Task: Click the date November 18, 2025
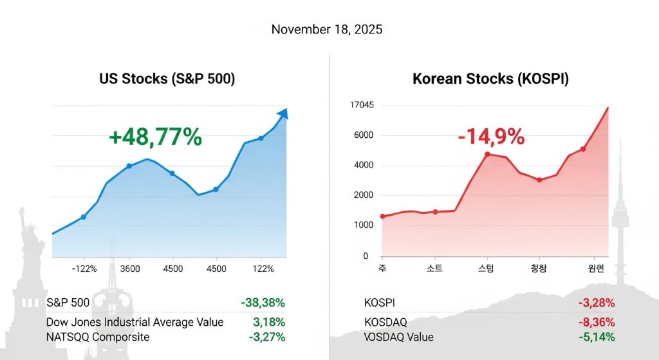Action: [x=326, y=30]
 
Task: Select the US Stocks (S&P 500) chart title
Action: [x=167, y=79]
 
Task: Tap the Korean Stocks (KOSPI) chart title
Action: [x=490, y=79]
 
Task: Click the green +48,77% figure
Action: [x=155, y=137]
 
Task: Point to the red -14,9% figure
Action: [x=490, y=137]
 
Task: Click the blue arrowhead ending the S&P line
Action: [x=282, y=114]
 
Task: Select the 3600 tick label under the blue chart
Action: [x=130, y=269]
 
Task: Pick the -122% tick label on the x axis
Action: [x=84, y=269]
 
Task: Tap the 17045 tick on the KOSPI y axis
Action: [x=362, y=105]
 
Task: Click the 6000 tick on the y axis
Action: [x=363, y=135]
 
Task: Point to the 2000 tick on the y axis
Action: [x=363, y=195]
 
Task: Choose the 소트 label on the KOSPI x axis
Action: [x=435, y=269]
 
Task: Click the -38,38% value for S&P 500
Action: [x=263, y=303]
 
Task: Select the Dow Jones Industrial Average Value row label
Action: [x=135, y=322]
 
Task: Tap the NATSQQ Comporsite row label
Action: [x=98, y=337]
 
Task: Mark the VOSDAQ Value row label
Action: [x=398, y=337]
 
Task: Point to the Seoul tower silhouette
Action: [x=620, y=213]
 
